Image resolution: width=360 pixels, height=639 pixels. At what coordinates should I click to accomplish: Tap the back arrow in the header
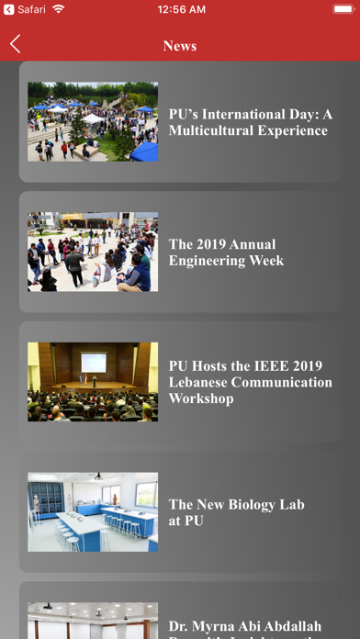pos(16,44)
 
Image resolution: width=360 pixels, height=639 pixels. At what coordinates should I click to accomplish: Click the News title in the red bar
pos(180,45)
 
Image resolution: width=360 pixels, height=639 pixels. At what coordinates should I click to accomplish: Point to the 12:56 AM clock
pos(180,9)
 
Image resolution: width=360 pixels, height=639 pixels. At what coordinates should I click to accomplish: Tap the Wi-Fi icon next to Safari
pos(59,9)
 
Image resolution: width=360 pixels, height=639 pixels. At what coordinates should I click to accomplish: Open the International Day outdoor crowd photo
pos(93,122)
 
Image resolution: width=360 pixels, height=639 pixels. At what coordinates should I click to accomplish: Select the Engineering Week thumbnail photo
pos(93,252)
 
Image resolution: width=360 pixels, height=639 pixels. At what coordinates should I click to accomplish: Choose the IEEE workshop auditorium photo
pos(93,382)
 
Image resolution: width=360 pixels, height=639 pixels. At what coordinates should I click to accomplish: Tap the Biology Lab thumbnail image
pos(93,512)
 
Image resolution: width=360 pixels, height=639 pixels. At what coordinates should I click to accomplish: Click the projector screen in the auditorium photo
pos(93,361)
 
